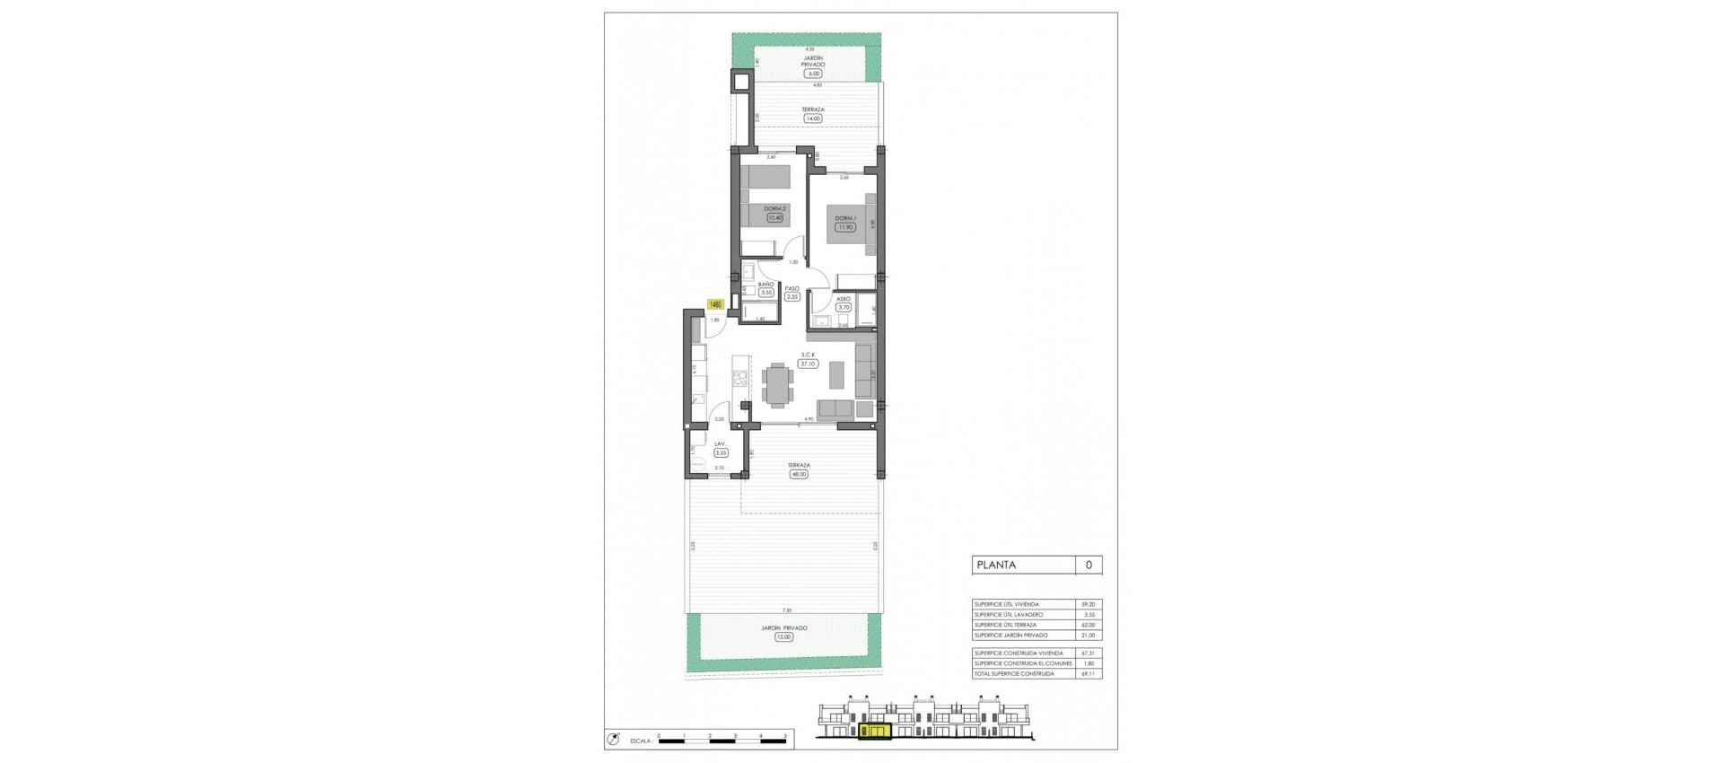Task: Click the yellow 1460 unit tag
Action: (x=715, y=304)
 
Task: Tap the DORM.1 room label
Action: (x=844, y=218)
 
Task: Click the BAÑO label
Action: (x=765, y=284)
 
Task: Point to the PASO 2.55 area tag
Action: (x=792, y=297)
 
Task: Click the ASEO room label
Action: (x=843, y=299)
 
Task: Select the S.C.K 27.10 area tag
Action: (x=808, y=364)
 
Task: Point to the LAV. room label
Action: (x=720, y=443)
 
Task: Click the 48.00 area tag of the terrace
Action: (x=798, y=474)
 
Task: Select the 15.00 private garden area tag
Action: (x=784, y=636)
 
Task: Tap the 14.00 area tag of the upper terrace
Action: (x=813, y=118)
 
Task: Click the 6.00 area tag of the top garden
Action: (x=813, y=75)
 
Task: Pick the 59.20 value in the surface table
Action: (x=1089, y=604)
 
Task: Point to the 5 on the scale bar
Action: (x=785, y=735)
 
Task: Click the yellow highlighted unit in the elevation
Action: (x=875, y=732)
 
